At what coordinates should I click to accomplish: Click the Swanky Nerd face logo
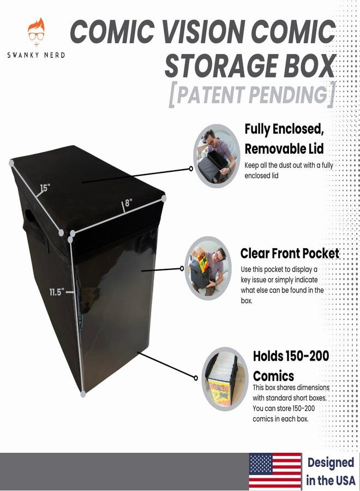pos(37,31)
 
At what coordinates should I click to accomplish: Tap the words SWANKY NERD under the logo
pos(37,55)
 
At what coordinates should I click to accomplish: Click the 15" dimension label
pos(45,188)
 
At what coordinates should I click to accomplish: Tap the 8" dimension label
pos(129,202)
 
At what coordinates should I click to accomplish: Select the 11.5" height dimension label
pos(57,292)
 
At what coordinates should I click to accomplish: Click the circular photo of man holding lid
pos(217,156)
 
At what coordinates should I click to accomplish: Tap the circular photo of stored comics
pos(225,379)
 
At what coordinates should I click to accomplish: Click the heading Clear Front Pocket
pos(290,254)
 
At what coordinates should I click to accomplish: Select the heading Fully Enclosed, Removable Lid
pos(284,139)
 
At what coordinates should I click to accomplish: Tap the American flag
pos(275,471)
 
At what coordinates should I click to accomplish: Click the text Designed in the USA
pos(331,471)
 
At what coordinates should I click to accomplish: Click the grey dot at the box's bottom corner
pos(83,393)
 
